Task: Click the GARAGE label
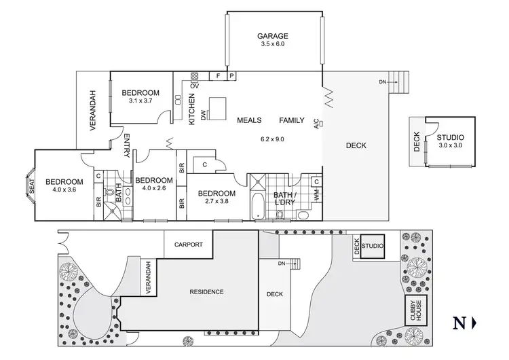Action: pos(273,37)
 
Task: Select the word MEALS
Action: pos(249,120)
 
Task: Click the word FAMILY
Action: pos(292,120)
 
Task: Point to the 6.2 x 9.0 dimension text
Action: pos(273,139)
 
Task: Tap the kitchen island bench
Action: pos(217,107)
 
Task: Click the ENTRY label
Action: pos(126,146)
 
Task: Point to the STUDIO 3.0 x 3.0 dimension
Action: pos(450,145)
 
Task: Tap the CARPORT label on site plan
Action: pos(189,245)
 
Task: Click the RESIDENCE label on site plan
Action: pos(206,292)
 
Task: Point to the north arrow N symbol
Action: pos(459,323)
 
